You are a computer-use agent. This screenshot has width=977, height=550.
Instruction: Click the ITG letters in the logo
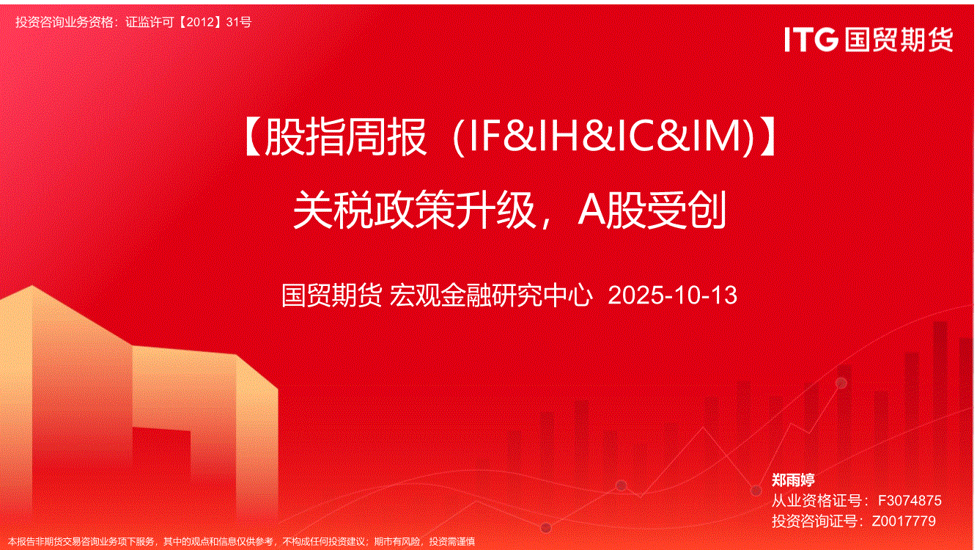[x=811, y=40]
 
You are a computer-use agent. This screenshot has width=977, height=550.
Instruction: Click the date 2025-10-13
[x=672, y=296]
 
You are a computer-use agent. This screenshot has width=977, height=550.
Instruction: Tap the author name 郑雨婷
[x=793, y=480]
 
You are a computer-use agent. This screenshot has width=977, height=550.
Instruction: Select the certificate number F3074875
[x=910, y=500]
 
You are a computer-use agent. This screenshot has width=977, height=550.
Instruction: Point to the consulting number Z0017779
[x=904, y=521]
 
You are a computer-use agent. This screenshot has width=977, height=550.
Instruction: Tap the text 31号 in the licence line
[x=239, y=22]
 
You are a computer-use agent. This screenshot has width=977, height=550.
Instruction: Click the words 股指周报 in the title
[x=345, y=138]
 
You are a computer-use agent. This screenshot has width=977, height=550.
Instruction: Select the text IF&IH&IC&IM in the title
[x=604, y=138]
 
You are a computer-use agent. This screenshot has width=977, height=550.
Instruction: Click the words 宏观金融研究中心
[x=491, y=296]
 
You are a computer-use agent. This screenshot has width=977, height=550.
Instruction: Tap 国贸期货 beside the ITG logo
[x=899, y=40]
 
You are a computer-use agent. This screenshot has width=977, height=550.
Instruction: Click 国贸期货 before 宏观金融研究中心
[x=332, y=296]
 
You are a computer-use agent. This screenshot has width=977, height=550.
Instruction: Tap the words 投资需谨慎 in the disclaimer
[x=452, y=542]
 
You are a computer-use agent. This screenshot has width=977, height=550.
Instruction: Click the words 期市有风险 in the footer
[x=397, y=542]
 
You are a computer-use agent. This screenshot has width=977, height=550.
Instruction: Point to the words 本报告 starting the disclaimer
[x=22, y=542]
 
